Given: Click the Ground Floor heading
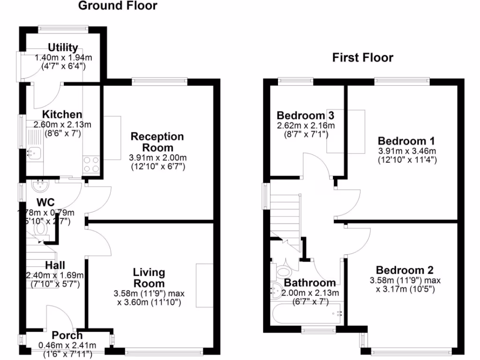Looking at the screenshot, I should pyautogui.click(x=118, y=6).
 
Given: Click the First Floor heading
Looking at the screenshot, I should pyautogui.click(x=362, y=58).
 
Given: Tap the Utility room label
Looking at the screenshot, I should pyautogui.click(x=63, y=48).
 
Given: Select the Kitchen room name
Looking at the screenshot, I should pyautogui.click(x=62, y=115).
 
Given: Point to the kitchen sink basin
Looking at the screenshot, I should pyautogui.click(x=34, y=152).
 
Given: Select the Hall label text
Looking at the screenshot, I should pyautogui.click(x=55, y=265).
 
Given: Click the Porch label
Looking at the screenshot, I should pyautogui.click(x=67, y=336).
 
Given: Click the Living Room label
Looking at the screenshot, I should pyautogui.click(x=149, y=278).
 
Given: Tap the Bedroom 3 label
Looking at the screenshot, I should pyautogui.click(x=305, y=115).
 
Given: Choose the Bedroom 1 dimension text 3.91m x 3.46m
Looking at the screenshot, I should pyautogui.click(x=407, y=151).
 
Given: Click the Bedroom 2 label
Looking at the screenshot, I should pyautogui.click(x=405, y=270).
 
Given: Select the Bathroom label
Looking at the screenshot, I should pyautogui.click(x=310, y=283).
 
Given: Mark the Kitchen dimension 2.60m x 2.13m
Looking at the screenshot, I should pyautogui.click(x=62, y=124).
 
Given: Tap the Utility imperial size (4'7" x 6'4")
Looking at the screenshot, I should pyautogui.click(x=63, y=66).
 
